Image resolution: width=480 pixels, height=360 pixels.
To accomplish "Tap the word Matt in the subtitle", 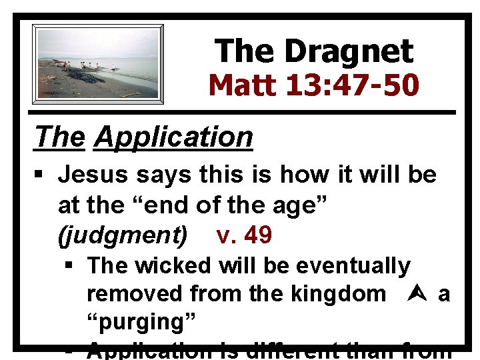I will pyautogui.click(x=245, y=85).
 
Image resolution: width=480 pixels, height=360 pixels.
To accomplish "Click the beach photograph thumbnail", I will pyautogui.click(x=98, y=64).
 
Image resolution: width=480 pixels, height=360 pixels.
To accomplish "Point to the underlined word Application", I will pyautogui.click(x=173, y=137).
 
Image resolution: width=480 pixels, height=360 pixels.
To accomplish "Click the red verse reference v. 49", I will pyautogui.click(x=244, y=235).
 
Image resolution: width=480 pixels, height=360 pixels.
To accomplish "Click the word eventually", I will pyautogui.click(x=353, y=265).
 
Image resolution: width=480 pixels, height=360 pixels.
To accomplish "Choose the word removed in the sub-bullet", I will pyautogui.click(x=136, y=293).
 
